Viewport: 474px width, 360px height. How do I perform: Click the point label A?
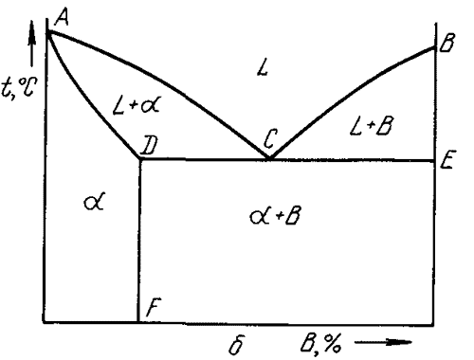[x=62, y=17]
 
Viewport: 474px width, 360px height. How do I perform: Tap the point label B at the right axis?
[x=447, y=43]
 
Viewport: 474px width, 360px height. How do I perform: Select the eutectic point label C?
[x=270, y=139]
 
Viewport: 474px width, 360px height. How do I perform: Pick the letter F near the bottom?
[x=154, y=307]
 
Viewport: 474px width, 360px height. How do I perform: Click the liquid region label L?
[x=263, y=67]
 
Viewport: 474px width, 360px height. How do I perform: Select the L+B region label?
[x=372, y=126]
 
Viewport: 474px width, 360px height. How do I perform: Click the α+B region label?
[x=275, y=216]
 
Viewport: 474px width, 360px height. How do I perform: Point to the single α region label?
[x=94, y=202]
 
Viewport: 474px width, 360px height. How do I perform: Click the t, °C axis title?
[x=19, y=87]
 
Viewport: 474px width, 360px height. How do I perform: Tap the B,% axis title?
[x=320, y=343]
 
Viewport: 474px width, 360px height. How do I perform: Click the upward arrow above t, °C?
[x=31, y=44]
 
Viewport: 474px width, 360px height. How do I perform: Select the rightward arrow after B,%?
[x=383, y=342]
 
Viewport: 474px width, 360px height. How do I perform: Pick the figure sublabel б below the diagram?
[x=237, y=345]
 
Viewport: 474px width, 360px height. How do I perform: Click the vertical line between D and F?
[x=139, y=241]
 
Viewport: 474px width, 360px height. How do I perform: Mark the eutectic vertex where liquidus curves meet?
[x=269, y=158]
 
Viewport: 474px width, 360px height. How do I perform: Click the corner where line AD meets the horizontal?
[x=139, y=159]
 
